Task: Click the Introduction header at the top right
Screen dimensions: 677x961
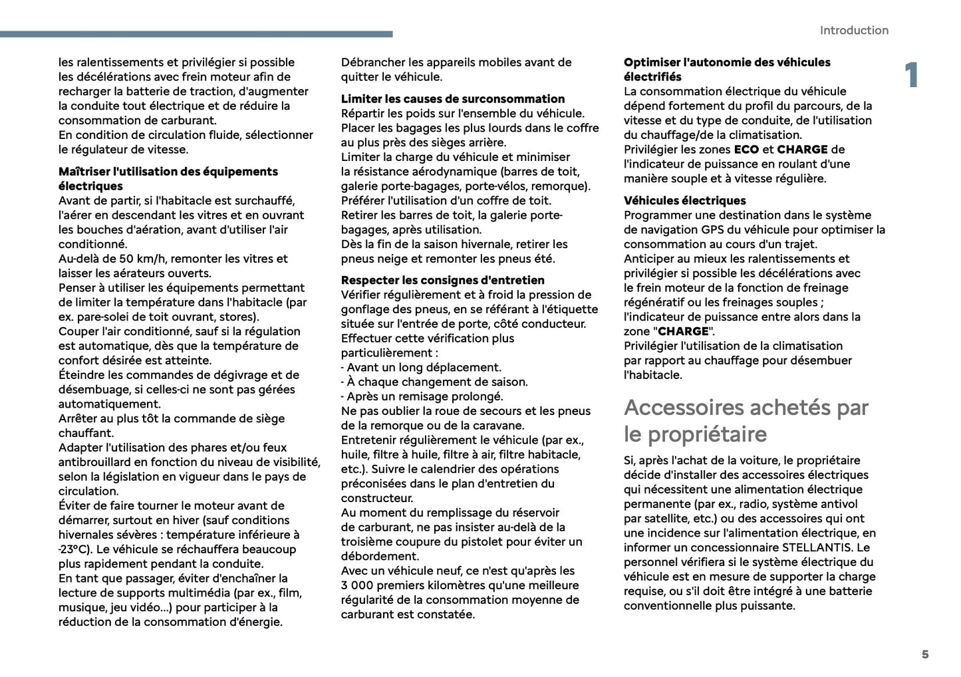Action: pos(853,31)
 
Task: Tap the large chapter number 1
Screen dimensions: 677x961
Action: pos(911,75)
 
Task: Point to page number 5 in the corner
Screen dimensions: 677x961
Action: pos(924,654)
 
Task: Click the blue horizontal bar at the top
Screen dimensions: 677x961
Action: pos(196,34)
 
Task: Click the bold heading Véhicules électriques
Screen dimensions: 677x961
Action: pos(684,201)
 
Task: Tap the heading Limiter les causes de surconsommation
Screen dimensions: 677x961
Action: pos(453,99)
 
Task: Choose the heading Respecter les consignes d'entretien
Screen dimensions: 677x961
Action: pos(442,281)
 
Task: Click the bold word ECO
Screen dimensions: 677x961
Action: pos(746,150)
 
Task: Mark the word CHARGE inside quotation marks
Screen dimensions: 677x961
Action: pos(683,332)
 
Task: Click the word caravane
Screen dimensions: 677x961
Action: pos(498,426)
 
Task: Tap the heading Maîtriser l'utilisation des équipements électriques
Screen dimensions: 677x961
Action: pos(168,179)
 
